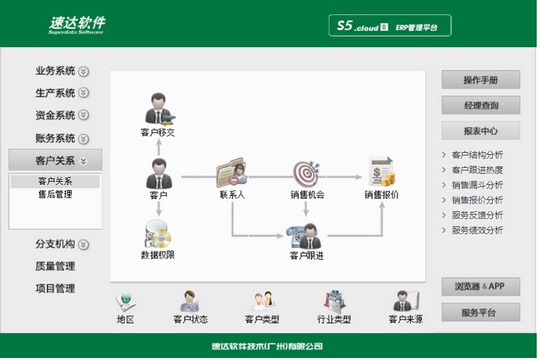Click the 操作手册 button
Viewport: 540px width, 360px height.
pos(481,80)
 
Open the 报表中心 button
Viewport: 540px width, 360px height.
pos(481,130)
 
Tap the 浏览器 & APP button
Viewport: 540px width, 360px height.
pos(481,286)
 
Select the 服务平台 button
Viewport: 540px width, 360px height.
pos(481,312)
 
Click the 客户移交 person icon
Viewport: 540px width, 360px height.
pos(159,109)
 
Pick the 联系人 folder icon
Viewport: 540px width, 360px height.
pos(232,173)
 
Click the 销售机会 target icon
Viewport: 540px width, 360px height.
pos(306,174)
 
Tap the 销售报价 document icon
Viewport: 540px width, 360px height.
pos(382,171)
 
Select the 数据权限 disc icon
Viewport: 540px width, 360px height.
pos(158,234)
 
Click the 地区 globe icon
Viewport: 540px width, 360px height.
pos(126,302)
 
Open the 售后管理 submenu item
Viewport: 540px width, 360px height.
pos(55,195)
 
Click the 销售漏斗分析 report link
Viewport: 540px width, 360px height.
pos(477,185)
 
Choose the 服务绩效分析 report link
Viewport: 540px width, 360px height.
pos(477,230)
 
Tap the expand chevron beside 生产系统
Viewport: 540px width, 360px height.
pos(83,93)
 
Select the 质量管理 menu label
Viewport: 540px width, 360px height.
pos(55,266)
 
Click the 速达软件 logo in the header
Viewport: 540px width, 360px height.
pos(77,25)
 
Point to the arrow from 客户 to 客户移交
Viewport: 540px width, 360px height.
pos(159,148)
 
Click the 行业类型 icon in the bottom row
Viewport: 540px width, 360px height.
pos(334,302)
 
